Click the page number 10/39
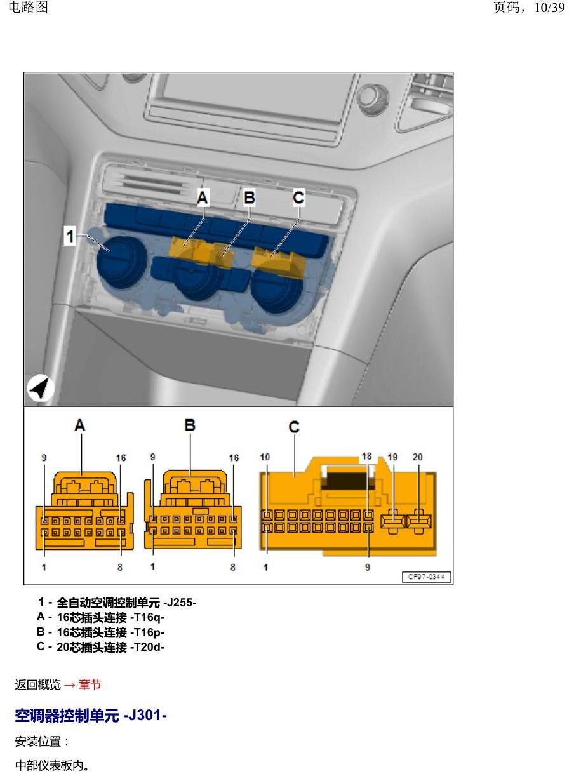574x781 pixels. tap(549, 8)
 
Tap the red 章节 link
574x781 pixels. tap(90, 684)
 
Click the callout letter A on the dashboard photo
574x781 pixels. tap(203, 197)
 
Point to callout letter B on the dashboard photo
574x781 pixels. tap(250, 197)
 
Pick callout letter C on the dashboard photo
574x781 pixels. tap(298, 197)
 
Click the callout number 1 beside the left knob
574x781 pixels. tap(70, 236)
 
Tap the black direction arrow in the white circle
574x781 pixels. tap(41, 388)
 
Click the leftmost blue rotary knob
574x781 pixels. tap(121, 262)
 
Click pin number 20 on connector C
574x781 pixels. tap(417, 457)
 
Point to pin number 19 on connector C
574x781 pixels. tap(392, 457)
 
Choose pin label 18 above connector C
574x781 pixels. tap(366, 457)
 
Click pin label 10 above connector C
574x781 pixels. tap(265, 457)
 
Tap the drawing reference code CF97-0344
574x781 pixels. tap(426, 577)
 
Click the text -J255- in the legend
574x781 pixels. tap(180, 603)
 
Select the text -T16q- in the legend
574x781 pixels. tap(147, 617)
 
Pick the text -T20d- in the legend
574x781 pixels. tap(147, 647)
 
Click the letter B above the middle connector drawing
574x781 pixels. tap(190, 425)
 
